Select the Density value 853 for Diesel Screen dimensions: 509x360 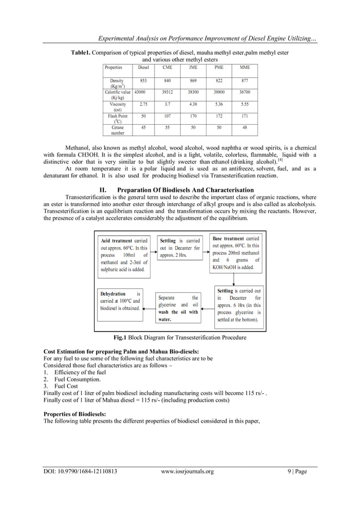pyautogui.click(x=143, y=81)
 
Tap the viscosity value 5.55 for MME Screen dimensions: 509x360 pyautogui.click(x=244, y=104)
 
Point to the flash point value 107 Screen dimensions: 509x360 pyautogui.click(x=168, y=116)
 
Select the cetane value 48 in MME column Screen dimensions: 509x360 pyautogui.click(x=244, y=128)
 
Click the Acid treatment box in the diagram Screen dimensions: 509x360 pyautogui.click(x=124, y=254)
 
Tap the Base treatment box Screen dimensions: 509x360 pyautogui.click(x=236, y=253)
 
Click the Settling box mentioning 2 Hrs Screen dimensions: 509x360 pyautogui.click(x=179, y=248)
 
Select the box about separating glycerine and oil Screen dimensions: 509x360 pyautogui.click(x=178, y=308)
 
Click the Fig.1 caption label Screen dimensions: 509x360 pyautogui.click(x=120, y=338)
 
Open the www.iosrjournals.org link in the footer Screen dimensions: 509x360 pyautogui.click(x=187, y=471)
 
